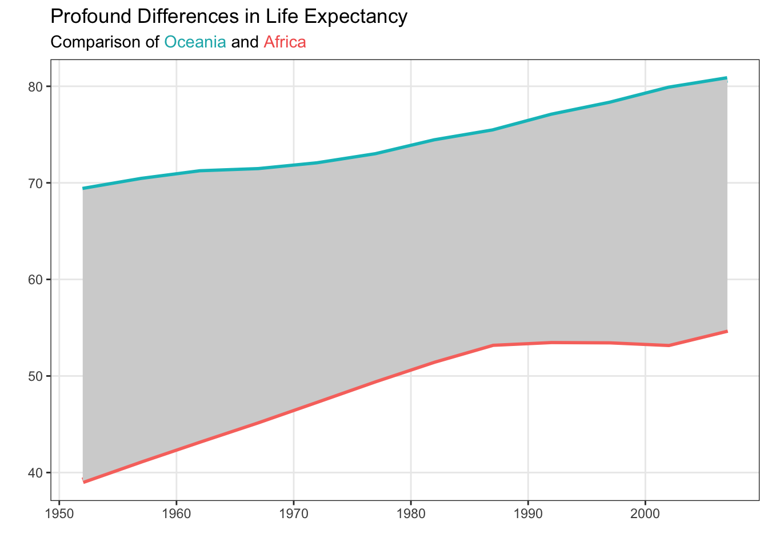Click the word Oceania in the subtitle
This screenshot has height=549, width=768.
pyautogui.click(x=195, y=42)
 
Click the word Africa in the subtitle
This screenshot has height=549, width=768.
pyautogui.click(x=285, y=42)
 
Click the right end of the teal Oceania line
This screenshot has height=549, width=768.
pyautogui.click(x=726, y=78)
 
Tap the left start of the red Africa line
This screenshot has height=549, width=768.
pyautogui.click(x=84, y=482)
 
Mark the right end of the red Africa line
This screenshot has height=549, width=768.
pyautogui.click(x=726, y=331)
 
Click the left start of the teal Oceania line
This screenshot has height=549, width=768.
pyautogui.click(x=84, y=188)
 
